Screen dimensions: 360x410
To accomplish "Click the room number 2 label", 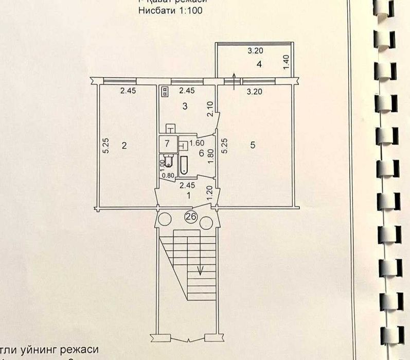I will [123, 146].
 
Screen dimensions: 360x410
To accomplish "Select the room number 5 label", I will [252, 146].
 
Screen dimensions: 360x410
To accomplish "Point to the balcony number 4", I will [260, 64].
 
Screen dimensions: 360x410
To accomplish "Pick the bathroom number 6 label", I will [202, 152].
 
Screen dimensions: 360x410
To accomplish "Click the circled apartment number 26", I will [190, 217].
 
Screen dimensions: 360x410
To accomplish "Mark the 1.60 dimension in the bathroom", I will [198, 144].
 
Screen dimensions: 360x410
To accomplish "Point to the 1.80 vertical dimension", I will [210, 156].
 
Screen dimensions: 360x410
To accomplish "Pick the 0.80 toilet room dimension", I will [168, 175].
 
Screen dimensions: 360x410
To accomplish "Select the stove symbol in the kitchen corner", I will [165, 92].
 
